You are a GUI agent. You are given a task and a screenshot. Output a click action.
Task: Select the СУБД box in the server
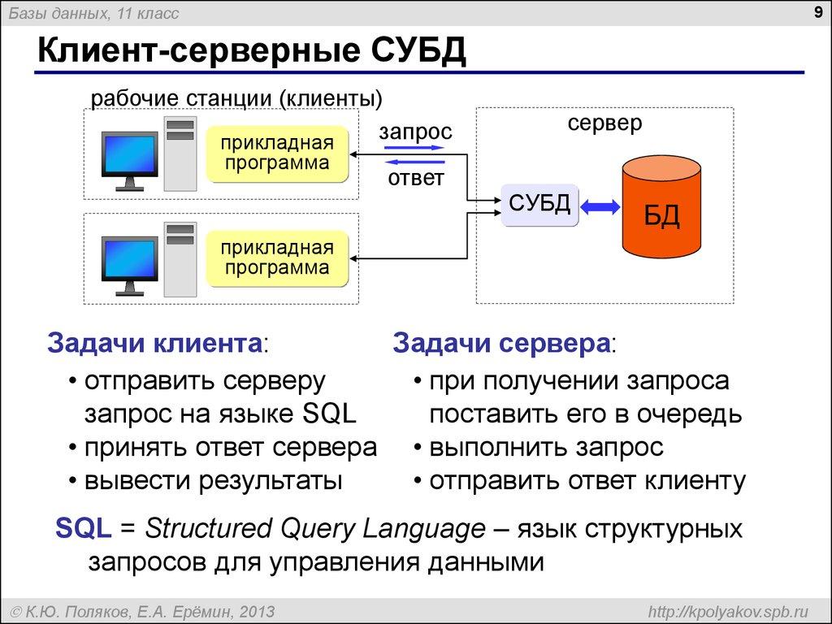pos(539,204)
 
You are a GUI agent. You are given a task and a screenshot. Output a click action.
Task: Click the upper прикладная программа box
pos(278,154)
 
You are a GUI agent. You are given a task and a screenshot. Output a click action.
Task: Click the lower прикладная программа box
pos(278,258)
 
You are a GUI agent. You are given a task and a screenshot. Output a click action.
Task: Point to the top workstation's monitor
pos(129,156)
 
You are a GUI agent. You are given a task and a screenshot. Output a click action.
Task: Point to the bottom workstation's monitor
pos(129,260)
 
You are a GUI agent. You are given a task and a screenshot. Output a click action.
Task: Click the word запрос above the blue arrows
pos(415,132)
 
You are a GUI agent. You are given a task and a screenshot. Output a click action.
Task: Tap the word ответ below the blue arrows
pos(415,177)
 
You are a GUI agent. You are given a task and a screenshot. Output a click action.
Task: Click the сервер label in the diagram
pos(604,123)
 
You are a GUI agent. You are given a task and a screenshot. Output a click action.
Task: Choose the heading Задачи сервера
pos(501,343)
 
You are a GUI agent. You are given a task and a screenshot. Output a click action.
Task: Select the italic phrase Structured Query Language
pos(314,529)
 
